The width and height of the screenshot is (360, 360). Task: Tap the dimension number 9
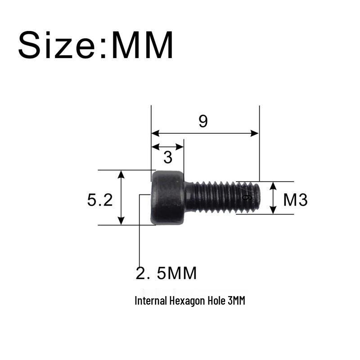[203, 121]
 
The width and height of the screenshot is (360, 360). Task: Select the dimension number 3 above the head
[168, 157]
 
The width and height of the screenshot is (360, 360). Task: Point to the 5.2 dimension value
[100, 199]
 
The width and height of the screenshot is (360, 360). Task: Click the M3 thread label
[295, 199]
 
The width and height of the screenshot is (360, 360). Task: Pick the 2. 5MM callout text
[166, 273]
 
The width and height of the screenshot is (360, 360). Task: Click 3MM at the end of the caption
[236, 301]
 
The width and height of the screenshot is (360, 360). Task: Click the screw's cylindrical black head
[167, 198]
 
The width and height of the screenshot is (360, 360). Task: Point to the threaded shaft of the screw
[216, 197]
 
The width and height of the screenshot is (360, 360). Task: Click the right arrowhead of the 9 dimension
[256, 133]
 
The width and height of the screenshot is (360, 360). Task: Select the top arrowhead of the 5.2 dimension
[121, 174]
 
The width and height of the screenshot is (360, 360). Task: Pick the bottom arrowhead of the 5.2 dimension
[121, 221]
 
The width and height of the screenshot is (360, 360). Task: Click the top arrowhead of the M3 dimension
[273, 185]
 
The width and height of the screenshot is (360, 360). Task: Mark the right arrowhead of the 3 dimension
[180, 147]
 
